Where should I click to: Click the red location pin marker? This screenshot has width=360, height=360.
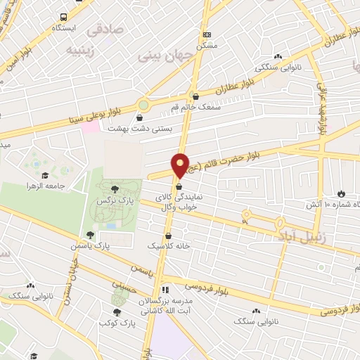point(181,165)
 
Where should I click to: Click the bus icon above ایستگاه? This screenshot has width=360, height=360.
point(64,16)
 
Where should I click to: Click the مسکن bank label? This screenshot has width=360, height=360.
point(207,44)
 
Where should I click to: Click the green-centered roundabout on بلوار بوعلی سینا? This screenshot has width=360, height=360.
point(143,105)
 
